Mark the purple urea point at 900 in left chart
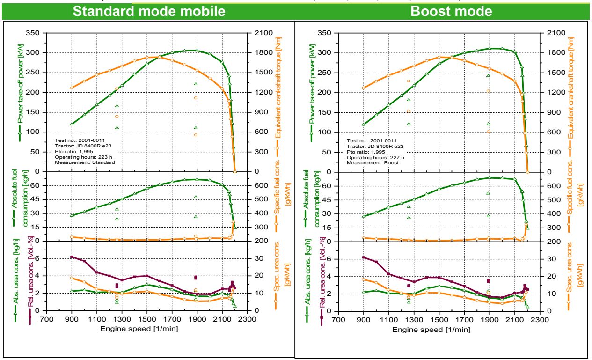(x=72, y=257)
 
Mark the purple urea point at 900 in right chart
(x=364, y=257)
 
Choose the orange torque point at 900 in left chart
(x=72, y=88)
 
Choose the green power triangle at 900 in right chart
(x=364, y=124)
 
